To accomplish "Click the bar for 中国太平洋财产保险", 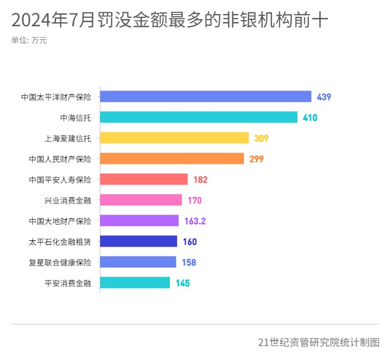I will (x=206, y=97).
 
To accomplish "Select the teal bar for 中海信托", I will (x=199, y=117).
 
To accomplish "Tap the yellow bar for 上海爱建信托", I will (x=174, y=138).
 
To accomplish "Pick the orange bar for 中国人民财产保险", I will (x=172, y=159).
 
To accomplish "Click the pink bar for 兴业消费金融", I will (x=141, y=200).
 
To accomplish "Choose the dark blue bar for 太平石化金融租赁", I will (x=139, y=241).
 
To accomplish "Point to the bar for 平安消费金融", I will (x=135, y=283).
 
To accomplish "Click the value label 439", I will (x=324, y=97).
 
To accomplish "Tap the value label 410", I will (x=310, y=117).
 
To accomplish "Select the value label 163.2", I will (x=195, y=221).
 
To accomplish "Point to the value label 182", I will (x=201, y=179).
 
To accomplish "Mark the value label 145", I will (x=183, y=283).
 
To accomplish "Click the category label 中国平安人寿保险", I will (x=60, y=179).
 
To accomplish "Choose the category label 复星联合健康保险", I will (x=60, y=262).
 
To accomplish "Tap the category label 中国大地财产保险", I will (x=60, y=221).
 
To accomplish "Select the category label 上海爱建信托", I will (x=68, y=138).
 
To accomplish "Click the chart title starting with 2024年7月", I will (x=170, y=21).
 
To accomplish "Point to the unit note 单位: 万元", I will (x=29, y=41).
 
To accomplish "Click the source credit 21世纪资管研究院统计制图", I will (x=319, y=342).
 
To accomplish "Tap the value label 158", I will (x=189, y=262).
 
